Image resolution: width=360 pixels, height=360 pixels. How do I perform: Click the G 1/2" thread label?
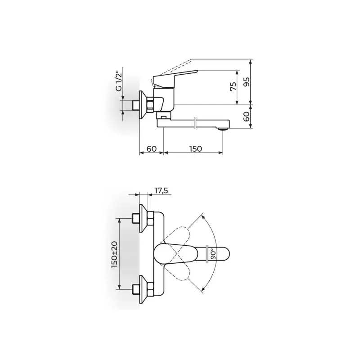(x=118, y=82)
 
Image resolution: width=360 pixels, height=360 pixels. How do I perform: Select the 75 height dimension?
(x=233, y=86)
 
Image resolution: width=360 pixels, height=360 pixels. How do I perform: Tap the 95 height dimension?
(x=246, y=82)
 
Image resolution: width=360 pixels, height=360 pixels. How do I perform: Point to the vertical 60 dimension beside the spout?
(x=246, y=117)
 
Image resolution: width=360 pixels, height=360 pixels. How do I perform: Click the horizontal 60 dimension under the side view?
(x=152, y=148)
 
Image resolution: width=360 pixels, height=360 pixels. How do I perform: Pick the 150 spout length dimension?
(x=196, y=149)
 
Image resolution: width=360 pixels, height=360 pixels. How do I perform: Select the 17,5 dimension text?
(x=161, y=190)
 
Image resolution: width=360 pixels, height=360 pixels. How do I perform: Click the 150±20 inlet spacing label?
(x=114, y=254)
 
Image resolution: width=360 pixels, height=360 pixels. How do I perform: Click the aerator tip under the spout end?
(x=222, y=130)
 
